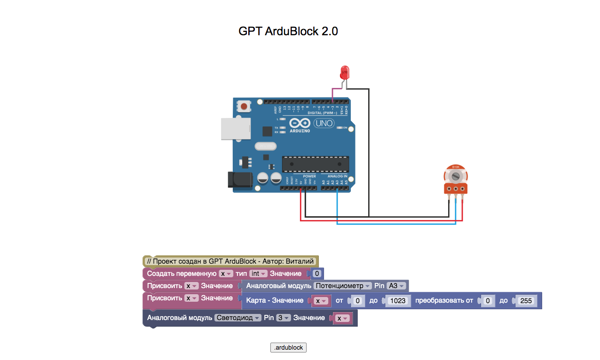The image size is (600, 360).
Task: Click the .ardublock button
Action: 288,348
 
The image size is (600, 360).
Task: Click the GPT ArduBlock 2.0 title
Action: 288,31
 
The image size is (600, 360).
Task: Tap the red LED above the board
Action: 344,72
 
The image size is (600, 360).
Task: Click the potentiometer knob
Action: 455,176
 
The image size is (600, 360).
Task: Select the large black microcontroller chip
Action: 315,164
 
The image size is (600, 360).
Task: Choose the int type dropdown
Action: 258,274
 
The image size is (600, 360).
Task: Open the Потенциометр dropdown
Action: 343,286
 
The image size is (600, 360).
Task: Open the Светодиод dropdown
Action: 237,318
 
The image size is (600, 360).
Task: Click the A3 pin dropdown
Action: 396,286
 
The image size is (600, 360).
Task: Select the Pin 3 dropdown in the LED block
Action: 283,318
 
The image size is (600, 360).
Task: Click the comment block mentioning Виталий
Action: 230,261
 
